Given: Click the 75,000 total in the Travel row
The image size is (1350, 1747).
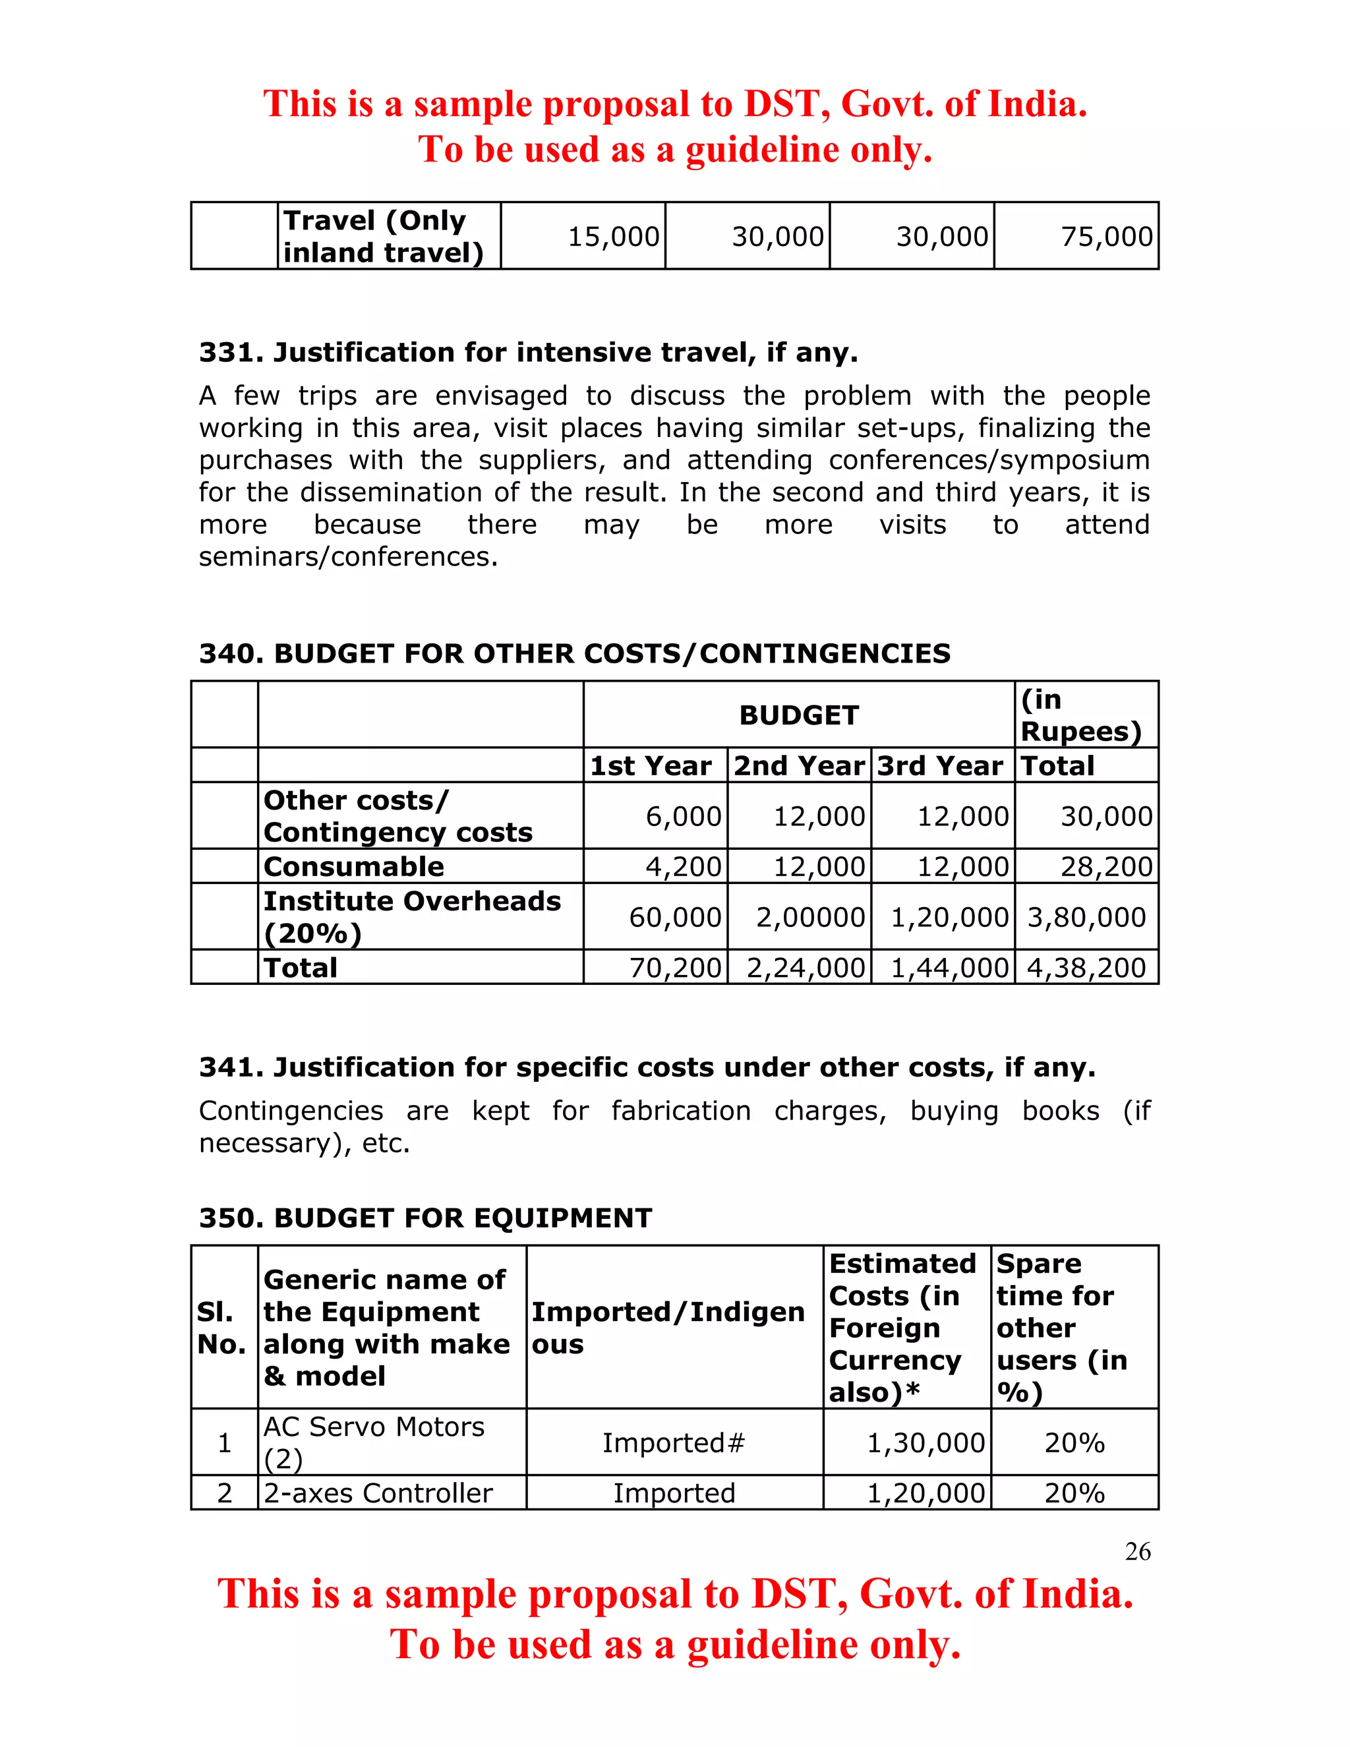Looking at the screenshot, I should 1106,237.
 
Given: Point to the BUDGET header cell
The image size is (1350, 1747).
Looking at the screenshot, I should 798,715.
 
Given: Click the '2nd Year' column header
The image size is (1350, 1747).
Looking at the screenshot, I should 799,766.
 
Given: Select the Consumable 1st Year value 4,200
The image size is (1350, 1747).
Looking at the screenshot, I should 683,867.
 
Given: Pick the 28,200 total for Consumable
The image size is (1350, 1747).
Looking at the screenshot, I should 1106,867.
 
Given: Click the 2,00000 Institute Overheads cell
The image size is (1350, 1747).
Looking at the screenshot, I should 810,918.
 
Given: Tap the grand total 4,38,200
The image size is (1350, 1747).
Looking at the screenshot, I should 1086,968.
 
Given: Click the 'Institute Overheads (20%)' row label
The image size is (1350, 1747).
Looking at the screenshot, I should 411,918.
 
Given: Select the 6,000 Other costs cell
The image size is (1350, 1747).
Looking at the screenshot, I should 683,817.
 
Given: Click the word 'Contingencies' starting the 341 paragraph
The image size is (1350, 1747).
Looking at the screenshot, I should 290,1111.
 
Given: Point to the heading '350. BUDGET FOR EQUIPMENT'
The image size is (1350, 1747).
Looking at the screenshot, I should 425,1218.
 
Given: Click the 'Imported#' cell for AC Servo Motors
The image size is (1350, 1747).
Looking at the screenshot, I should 674,1443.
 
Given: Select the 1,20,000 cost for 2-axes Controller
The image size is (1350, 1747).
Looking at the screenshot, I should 925,1493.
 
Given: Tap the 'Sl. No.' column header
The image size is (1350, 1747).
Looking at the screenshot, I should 221,1328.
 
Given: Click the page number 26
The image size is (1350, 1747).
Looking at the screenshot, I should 1137,1551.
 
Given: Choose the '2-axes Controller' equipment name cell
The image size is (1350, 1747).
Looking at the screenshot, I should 378,1493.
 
